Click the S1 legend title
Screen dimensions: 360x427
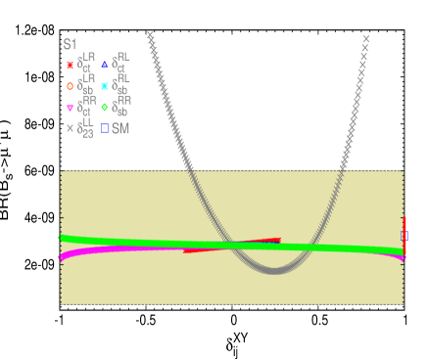point(70,44)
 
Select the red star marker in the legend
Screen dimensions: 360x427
point(70,66)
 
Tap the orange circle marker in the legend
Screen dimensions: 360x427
point(70,86)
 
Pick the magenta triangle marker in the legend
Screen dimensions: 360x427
point(70,108)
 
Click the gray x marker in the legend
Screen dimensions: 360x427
point(70,128)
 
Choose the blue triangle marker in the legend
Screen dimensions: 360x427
point(105,66)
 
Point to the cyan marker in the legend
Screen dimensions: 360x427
point(105,86)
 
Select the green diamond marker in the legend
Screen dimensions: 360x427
point(105,108)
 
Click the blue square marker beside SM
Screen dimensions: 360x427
point(105,128)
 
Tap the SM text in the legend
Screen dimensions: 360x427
point(120,128)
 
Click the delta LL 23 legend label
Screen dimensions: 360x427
point(86,128)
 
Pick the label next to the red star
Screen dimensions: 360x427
point(86,65)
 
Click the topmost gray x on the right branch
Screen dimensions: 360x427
point(365,39)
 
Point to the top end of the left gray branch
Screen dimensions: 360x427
point(150,36)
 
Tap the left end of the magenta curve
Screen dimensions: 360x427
point(62,258)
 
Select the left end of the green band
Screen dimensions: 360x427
point(62,238)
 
